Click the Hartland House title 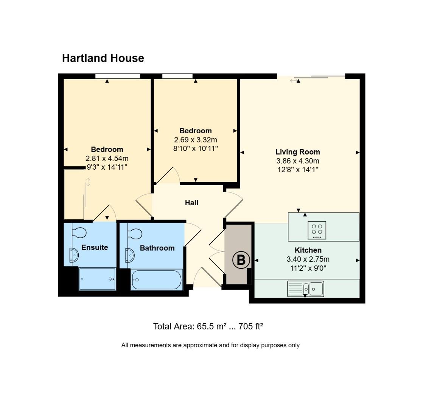pyautogui.click(x=103, y=58)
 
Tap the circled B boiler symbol pyautogui.click(x=241, y=260)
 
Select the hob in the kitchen pyautogui.click(x=317, y=230)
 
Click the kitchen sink pyautogui.click(x=305, y=289)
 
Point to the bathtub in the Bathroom pyautogui.click(x=156, y=280)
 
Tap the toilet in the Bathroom pyautogui.click(x=134, y=234)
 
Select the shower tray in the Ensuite pyautogui.click(x=97, y=279)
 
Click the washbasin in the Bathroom pyautogui.click(x=129, y=255)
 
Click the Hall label pyautogui.click(x=191, y=203)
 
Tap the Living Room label pyautogui.click(x=297, y=152)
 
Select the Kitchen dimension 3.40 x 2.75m pyautogui.click(x=308, y=259)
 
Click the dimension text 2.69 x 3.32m pyautogui.click(x=195, y=140)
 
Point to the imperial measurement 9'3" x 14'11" pyautogui.click(x=107, y=167)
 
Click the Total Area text pyautogui.click(x=208, y=326)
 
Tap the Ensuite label pyautogui.click(x=95, y=248)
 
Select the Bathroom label pyautogui.click(x=157, y=248)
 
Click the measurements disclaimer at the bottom pyautogui.click(x=210, y=345)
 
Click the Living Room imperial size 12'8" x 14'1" pyautogui.click(x=297, y=170)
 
